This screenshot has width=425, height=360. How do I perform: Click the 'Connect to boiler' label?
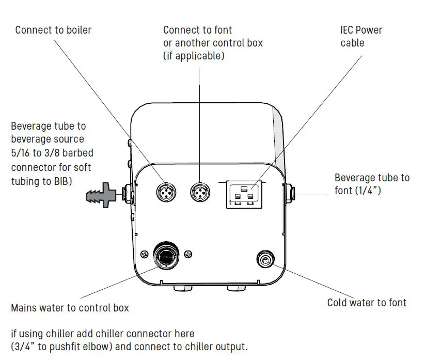click(x=53, y=30)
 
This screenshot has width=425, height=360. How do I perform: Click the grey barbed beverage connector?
click(x=102, y=195)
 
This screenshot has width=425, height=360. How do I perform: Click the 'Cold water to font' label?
click(x=367, y=303)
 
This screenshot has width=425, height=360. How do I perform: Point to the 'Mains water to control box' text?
click(x=70, y=308)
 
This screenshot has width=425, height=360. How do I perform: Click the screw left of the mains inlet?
click(x=144, y=253)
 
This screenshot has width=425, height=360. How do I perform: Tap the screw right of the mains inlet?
click(x=188, y=253)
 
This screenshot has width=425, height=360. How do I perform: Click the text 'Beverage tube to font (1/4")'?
click(x=372, y=184)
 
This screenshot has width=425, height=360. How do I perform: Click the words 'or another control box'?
click(x=213, y=43)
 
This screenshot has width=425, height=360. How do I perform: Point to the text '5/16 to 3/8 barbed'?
click(x=52, y=153)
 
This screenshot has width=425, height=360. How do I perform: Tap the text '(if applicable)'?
click(x=194, y=56)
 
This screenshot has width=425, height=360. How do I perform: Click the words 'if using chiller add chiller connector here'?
click(x=103, y=333)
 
